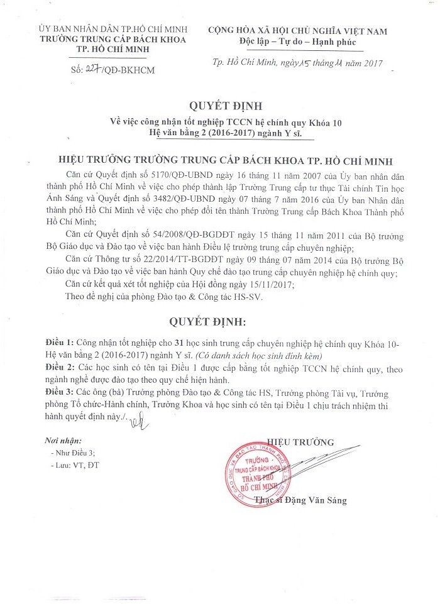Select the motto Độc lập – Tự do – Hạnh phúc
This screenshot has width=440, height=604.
click(297, 41)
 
